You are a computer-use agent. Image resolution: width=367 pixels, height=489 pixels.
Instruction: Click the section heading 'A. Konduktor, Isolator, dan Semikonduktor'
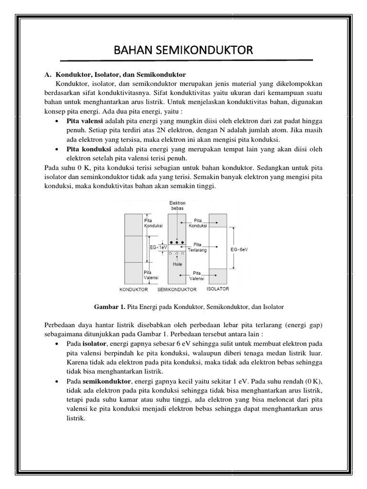[115, 75]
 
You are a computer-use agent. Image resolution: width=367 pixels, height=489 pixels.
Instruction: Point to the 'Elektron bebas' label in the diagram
[177, 206]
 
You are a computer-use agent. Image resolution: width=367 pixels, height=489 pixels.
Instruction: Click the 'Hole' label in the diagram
[177, 264]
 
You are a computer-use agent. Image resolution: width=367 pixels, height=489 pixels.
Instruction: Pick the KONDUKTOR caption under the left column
[133, 289]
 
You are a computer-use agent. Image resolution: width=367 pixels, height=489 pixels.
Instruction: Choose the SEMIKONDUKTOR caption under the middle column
[177, 289]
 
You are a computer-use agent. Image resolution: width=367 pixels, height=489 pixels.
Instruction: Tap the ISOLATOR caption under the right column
[217, 289]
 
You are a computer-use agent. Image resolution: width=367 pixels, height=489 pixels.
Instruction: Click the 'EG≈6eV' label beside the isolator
[239, 249]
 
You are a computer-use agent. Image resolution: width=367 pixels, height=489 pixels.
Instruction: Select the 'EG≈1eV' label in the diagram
[158, 247]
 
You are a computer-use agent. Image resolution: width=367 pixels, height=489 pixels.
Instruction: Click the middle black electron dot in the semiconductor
[177, 243]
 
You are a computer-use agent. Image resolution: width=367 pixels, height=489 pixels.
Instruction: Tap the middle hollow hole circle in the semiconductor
[177, 254]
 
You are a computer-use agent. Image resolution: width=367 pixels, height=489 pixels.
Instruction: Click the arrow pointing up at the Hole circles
[177, 258]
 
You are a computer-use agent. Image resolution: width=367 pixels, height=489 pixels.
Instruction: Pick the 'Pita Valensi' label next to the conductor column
[151, 275]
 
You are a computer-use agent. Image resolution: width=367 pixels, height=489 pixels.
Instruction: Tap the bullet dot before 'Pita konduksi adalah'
[57, 149]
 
